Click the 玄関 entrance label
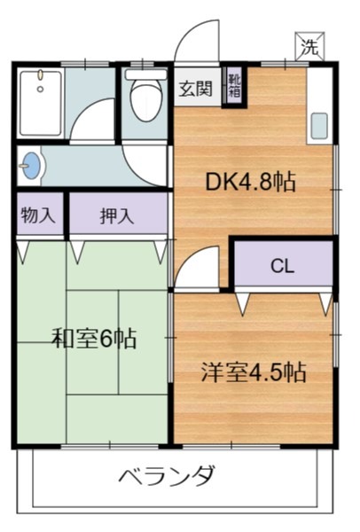(x=196, y=88)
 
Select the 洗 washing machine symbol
(x=309, y=48)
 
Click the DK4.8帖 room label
(x=250, y=182)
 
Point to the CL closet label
(x=282, y=266)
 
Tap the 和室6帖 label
(x=93, y=338)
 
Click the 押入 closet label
(x=117, y=215)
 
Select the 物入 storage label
(x=38, y=215)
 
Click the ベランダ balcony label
(x=167, y=476)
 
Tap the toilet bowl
(x=143, y=102)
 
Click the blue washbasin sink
(x=33, y=165)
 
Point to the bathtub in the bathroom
(x=41, y=101)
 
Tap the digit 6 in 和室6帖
(x=105, y=338)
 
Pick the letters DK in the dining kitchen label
(x=220, y=182)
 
